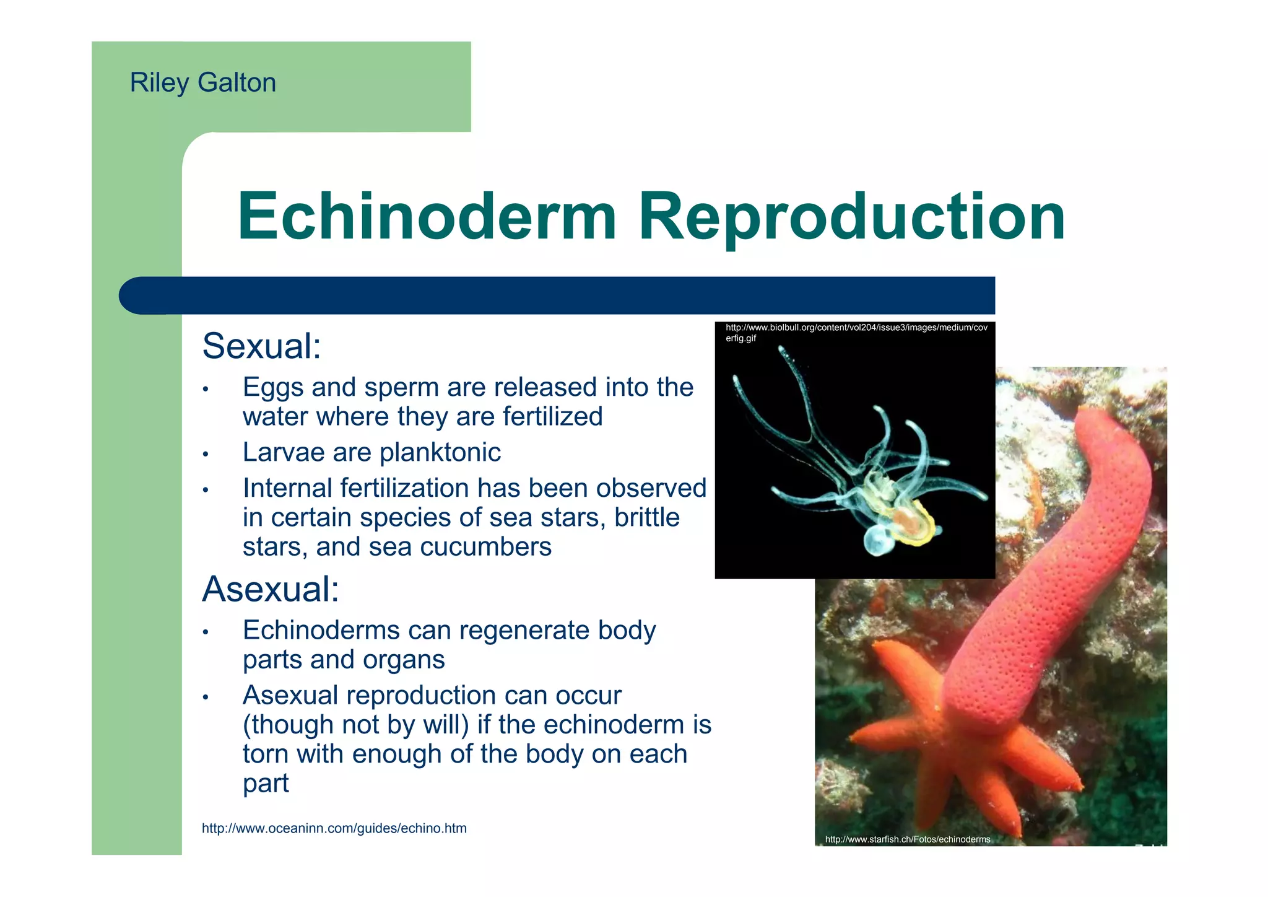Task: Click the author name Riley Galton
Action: click(202, 83)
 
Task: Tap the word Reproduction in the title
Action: click(851, 218)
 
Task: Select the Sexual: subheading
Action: click(261, 346)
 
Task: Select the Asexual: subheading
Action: click(271, 589)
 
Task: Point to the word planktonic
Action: click(440, 453)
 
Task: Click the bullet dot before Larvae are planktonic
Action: click(206, 455)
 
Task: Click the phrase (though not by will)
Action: click(355, 725)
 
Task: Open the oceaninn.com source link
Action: click(334, 829)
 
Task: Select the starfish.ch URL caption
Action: click(907, 840)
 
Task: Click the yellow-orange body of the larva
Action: click(910, 524)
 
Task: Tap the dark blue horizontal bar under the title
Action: click(557, 295)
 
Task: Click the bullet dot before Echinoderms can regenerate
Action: click(206, 633)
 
